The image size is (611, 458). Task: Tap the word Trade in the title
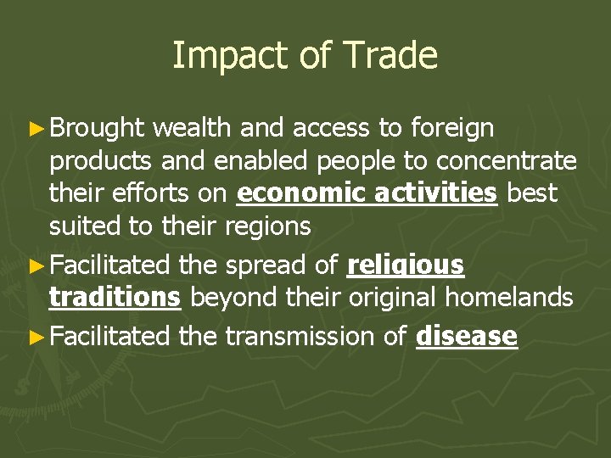tap(391, 56)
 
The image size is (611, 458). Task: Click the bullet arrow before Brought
tap(37, 129)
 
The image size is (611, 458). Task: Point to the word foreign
tap(451, 128)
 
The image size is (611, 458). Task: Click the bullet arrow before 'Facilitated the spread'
tap(37, 265)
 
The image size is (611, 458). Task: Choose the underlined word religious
tap(406, 265)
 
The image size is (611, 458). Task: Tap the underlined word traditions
tap(115, 297)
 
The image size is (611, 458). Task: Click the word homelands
tap(511, 297)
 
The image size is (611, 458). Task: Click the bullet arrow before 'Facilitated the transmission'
tap(37, 337)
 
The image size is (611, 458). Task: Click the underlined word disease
tap(467, 336)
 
